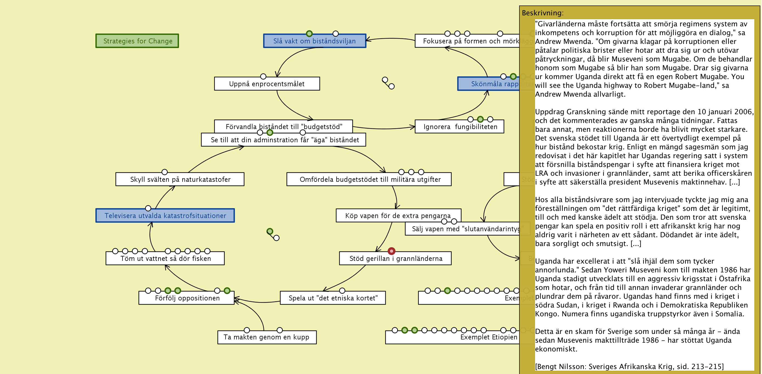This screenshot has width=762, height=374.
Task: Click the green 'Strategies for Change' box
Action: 137,41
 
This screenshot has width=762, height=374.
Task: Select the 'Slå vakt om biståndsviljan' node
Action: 314,41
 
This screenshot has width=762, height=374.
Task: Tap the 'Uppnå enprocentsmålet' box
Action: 266,84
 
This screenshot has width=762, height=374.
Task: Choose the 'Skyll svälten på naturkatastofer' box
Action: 180,179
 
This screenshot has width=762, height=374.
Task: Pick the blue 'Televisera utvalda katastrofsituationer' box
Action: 165,216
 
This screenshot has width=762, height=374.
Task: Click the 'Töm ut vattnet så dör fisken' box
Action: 165,258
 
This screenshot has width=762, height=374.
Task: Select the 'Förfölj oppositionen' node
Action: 187,298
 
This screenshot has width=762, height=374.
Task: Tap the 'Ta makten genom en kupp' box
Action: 266,337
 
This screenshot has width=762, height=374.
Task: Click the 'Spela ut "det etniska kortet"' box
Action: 333,298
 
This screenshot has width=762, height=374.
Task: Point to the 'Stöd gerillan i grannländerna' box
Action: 396,258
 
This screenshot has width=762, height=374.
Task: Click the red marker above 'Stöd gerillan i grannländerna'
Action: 391,251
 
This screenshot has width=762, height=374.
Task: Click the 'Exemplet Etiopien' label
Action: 489,337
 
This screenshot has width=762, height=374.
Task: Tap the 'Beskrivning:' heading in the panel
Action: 542,13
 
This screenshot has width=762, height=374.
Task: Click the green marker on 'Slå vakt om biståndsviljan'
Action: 309,34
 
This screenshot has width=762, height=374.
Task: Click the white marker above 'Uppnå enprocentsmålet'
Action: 263,76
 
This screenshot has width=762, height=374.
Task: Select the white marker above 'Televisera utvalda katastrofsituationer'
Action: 148,208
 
